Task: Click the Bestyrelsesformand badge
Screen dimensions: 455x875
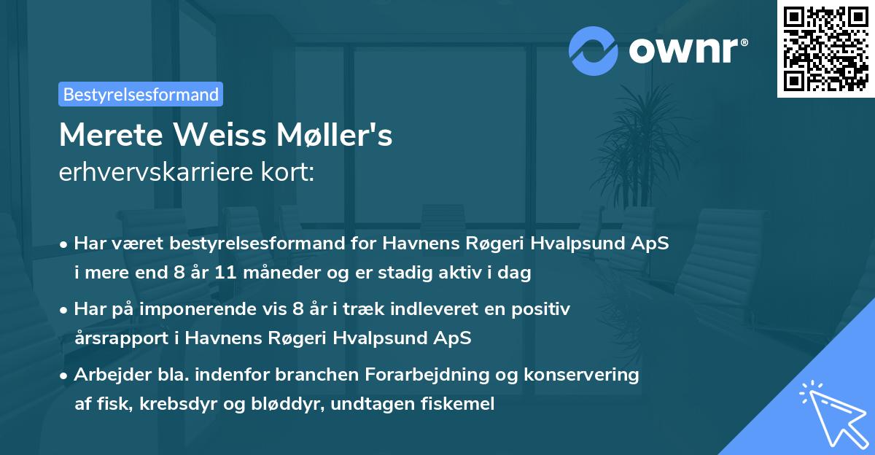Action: pyautogui.click(x=141, y=94)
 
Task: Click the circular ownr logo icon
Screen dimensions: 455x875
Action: pyautogui.click(x=594, y=50)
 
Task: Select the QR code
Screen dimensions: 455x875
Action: pyautogui.click(x=825, y=49)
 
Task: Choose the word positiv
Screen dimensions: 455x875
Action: pyautogui.click(x=541, y=309)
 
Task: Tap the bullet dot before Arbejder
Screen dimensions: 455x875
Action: pyautogui.click(x=64, y=376)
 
